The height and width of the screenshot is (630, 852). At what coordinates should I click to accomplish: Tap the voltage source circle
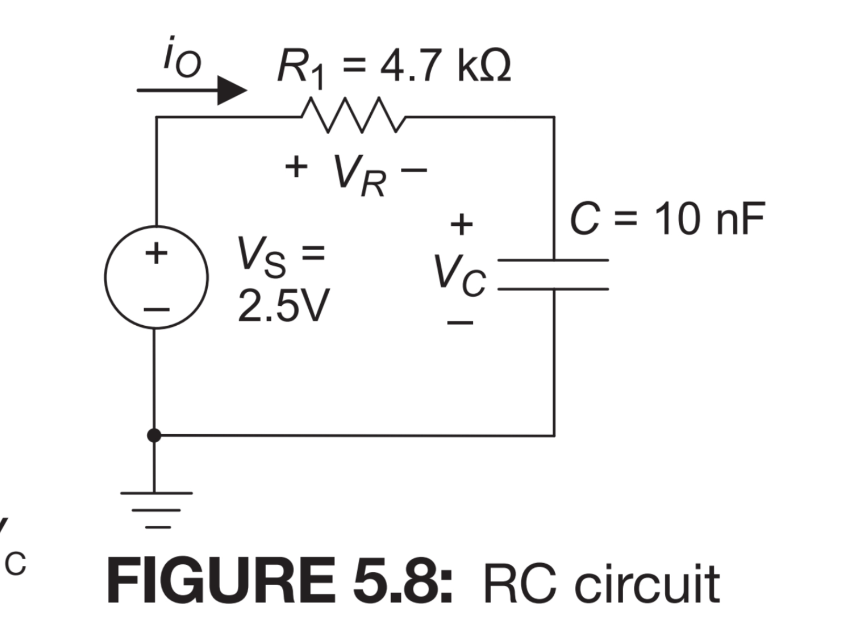tap(156, 278)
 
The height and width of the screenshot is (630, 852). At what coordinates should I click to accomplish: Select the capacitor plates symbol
tap(553, 274)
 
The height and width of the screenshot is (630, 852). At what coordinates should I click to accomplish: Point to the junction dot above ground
tap(154, 435)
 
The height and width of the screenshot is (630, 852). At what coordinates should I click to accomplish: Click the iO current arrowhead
tap(232, 91)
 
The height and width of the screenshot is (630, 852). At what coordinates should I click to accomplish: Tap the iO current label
tap(181, 59)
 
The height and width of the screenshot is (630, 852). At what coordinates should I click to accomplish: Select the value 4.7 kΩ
tap(445, 67)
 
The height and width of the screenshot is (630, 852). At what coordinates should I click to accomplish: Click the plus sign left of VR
tap(296, 167)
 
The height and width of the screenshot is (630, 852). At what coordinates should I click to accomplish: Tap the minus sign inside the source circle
tap(157, 309)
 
